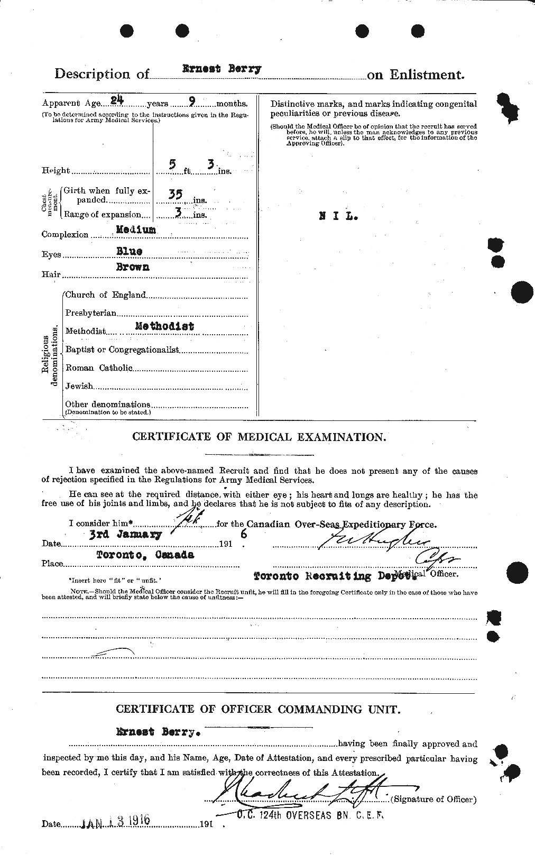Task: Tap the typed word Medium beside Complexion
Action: coord(136,230)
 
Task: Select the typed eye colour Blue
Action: coord(128,251)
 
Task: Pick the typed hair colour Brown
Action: coord(133,267)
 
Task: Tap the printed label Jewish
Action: coord(79,386)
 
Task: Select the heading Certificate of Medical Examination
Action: coord(259,437)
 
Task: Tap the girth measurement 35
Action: coord(176,195)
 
